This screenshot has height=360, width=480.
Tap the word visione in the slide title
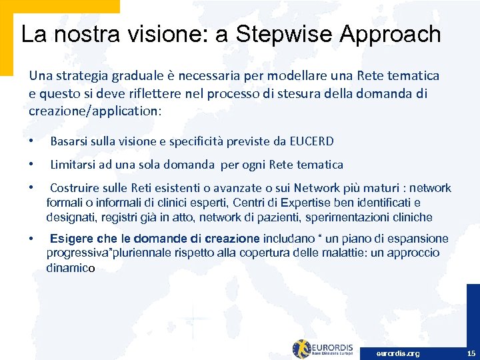(168, 35)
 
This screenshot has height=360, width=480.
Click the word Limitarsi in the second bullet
(73, 165)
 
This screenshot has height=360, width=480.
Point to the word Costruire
(75, 188)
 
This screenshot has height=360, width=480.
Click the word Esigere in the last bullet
(71, 239)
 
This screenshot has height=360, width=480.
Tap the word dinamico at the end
(71, 268)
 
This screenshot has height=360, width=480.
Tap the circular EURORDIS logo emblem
(302, 348)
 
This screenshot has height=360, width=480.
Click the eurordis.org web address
(398, 353)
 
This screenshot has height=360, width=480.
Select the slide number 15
(471, 353)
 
